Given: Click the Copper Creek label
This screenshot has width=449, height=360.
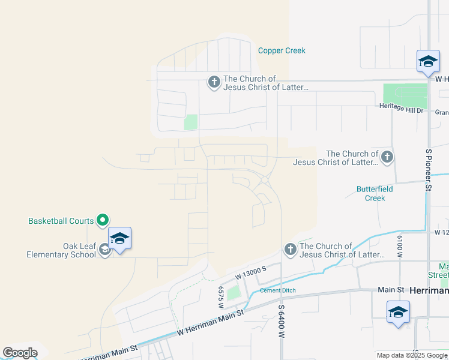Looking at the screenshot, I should (282, 50).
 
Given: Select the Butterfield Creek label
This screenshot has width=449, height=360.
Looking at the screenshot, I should (375, 193).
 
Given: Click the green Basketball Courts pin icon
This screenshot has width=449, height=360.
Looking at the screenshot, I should (103, 221).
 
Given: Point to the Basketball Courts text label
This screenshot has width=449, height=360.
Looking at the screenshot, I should (61, 221).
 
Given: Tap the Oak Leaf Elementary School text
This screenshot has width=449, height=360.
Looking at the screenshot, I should (61, 250).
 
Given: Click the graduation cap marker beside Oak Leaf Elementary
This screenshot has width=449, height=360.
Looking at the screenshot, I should (119, 239).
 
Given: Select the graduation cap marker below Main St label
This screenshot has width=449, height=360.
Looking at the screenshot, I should (398, 312).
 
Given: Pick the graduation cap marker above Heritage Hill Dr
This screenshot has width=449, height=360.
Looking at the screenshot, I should (428, 62).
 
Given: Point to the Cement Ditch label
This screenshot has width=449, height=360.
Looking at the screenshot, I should (278, 291).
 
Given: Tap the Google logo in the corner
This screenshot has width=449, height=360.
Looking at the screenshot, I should (20, 353).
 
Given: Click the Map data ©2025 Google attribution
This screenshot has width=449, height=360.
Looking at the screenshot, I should (412, 355).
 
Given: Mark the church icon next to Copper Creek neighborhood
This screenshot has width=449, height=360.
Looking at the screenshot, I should (214, 82).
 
